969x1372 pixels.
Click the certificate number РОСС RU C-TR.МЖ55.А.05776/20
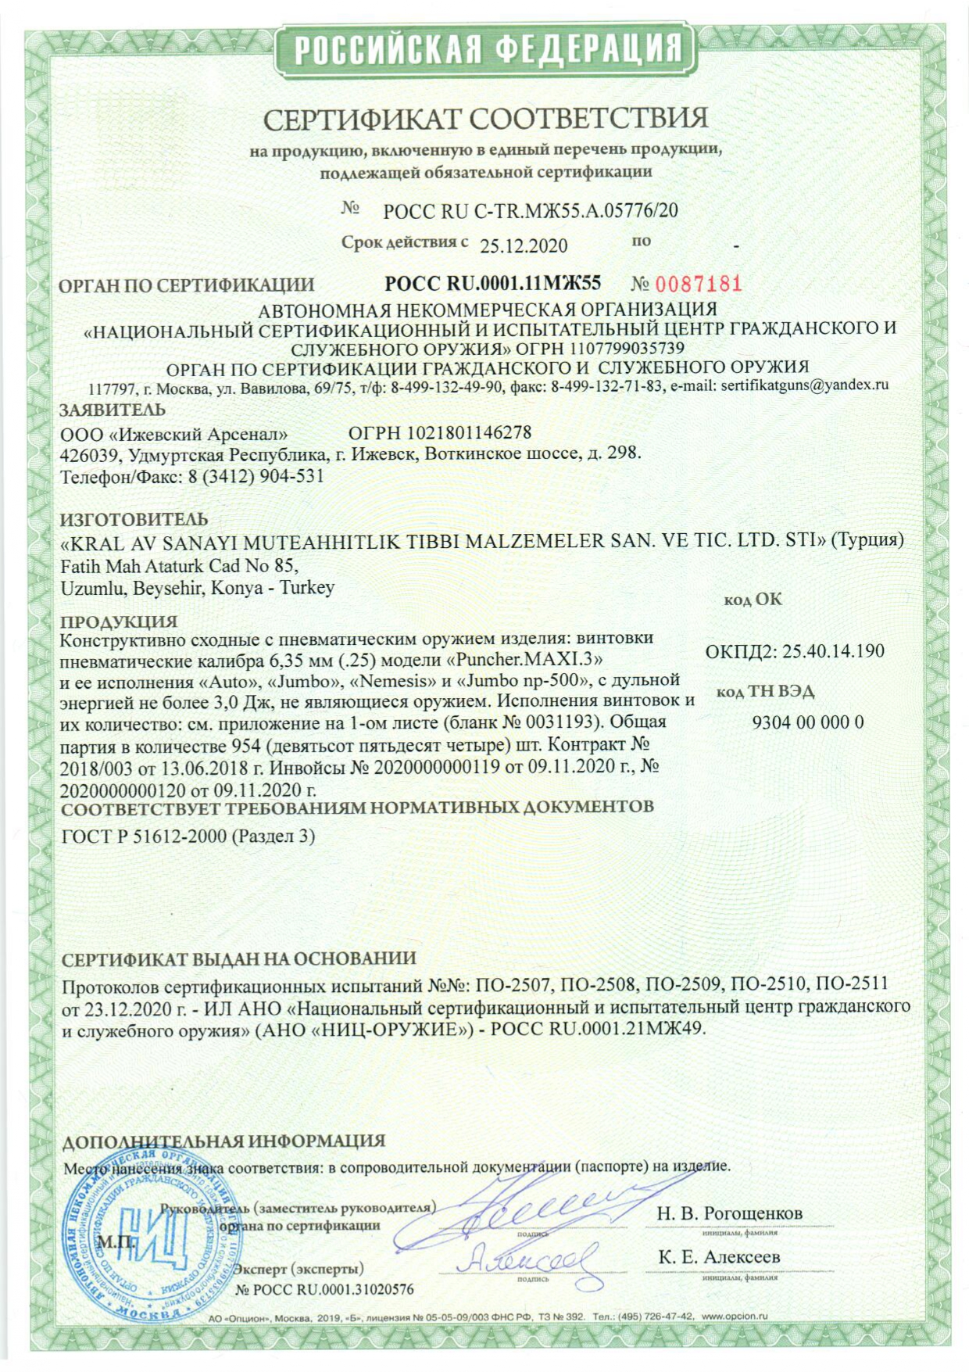click(531, 210)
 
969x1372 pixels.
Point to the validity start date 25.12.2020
click(524, 245)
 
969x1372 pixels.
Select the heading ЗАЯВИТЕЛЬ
click(113, 410)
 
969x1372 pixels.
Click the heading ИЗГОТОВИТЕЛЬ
click(134, 519)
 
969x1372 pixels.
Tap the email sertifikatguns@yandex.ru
click(805, 385)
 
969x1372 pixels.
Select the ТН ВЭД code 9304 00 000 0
click(808, 722)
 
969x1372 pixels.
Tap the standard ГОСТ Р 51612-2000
click(145, 836)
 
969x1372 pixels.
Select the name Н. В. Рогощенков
click(729, 1213)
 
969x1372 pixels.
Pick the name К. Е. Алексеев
click(719, 1257)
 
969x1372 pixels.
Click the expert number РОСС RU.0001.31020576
click(324, 1289)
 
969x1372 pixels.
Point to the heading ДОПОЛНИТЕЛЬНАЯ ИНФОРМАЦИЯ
click(223, 1141)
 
